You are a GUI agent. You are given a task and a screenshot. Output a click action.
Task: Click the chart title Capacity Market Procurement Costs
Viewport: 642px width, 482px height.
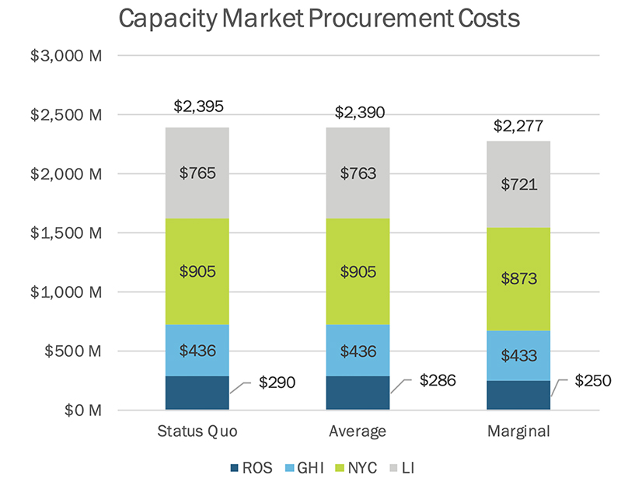pos(319,19)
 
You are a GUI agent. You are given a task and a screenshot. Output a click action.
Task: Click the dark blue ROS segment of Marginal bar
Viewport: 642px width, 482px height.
pos(518,395)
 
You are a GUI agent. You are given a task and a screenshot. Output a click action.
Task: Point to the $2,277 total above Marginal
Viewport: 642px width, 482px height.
pos(518,126)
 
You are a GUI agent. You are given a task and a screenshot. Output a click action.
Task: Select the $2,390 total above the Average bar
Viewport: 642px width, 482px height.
pos(358,113)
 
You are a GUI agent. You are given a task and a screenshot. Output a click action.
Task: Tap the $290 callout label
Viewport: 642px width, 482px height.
pos(277,382)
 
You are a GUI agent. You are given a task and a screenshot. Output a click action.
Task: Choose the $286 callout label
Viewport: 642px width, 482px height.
pos(437,381)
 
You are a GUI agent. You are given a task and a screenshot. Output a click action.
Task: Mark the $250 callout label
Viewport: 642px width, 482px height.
pos(594,381)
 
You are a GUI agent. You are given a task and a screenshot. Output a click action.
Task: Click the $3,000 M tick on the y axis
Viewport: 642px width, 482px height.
pos(66,56)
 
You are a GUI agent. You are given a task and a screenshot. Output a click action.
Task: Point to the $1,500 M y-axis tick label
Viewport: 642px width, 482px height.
pos(66,233)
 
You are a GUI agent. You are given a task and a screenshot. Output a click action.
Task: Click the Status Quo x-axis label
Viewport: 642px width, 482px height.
pos(197,431)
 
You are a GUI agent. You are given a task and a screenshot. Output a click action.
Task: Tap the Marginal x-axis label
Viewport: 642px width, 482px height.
pos(518,431)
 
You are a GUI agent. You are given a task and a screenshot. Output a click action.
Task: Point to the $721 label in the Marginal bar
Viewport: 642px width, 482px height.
pos(518,184)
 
